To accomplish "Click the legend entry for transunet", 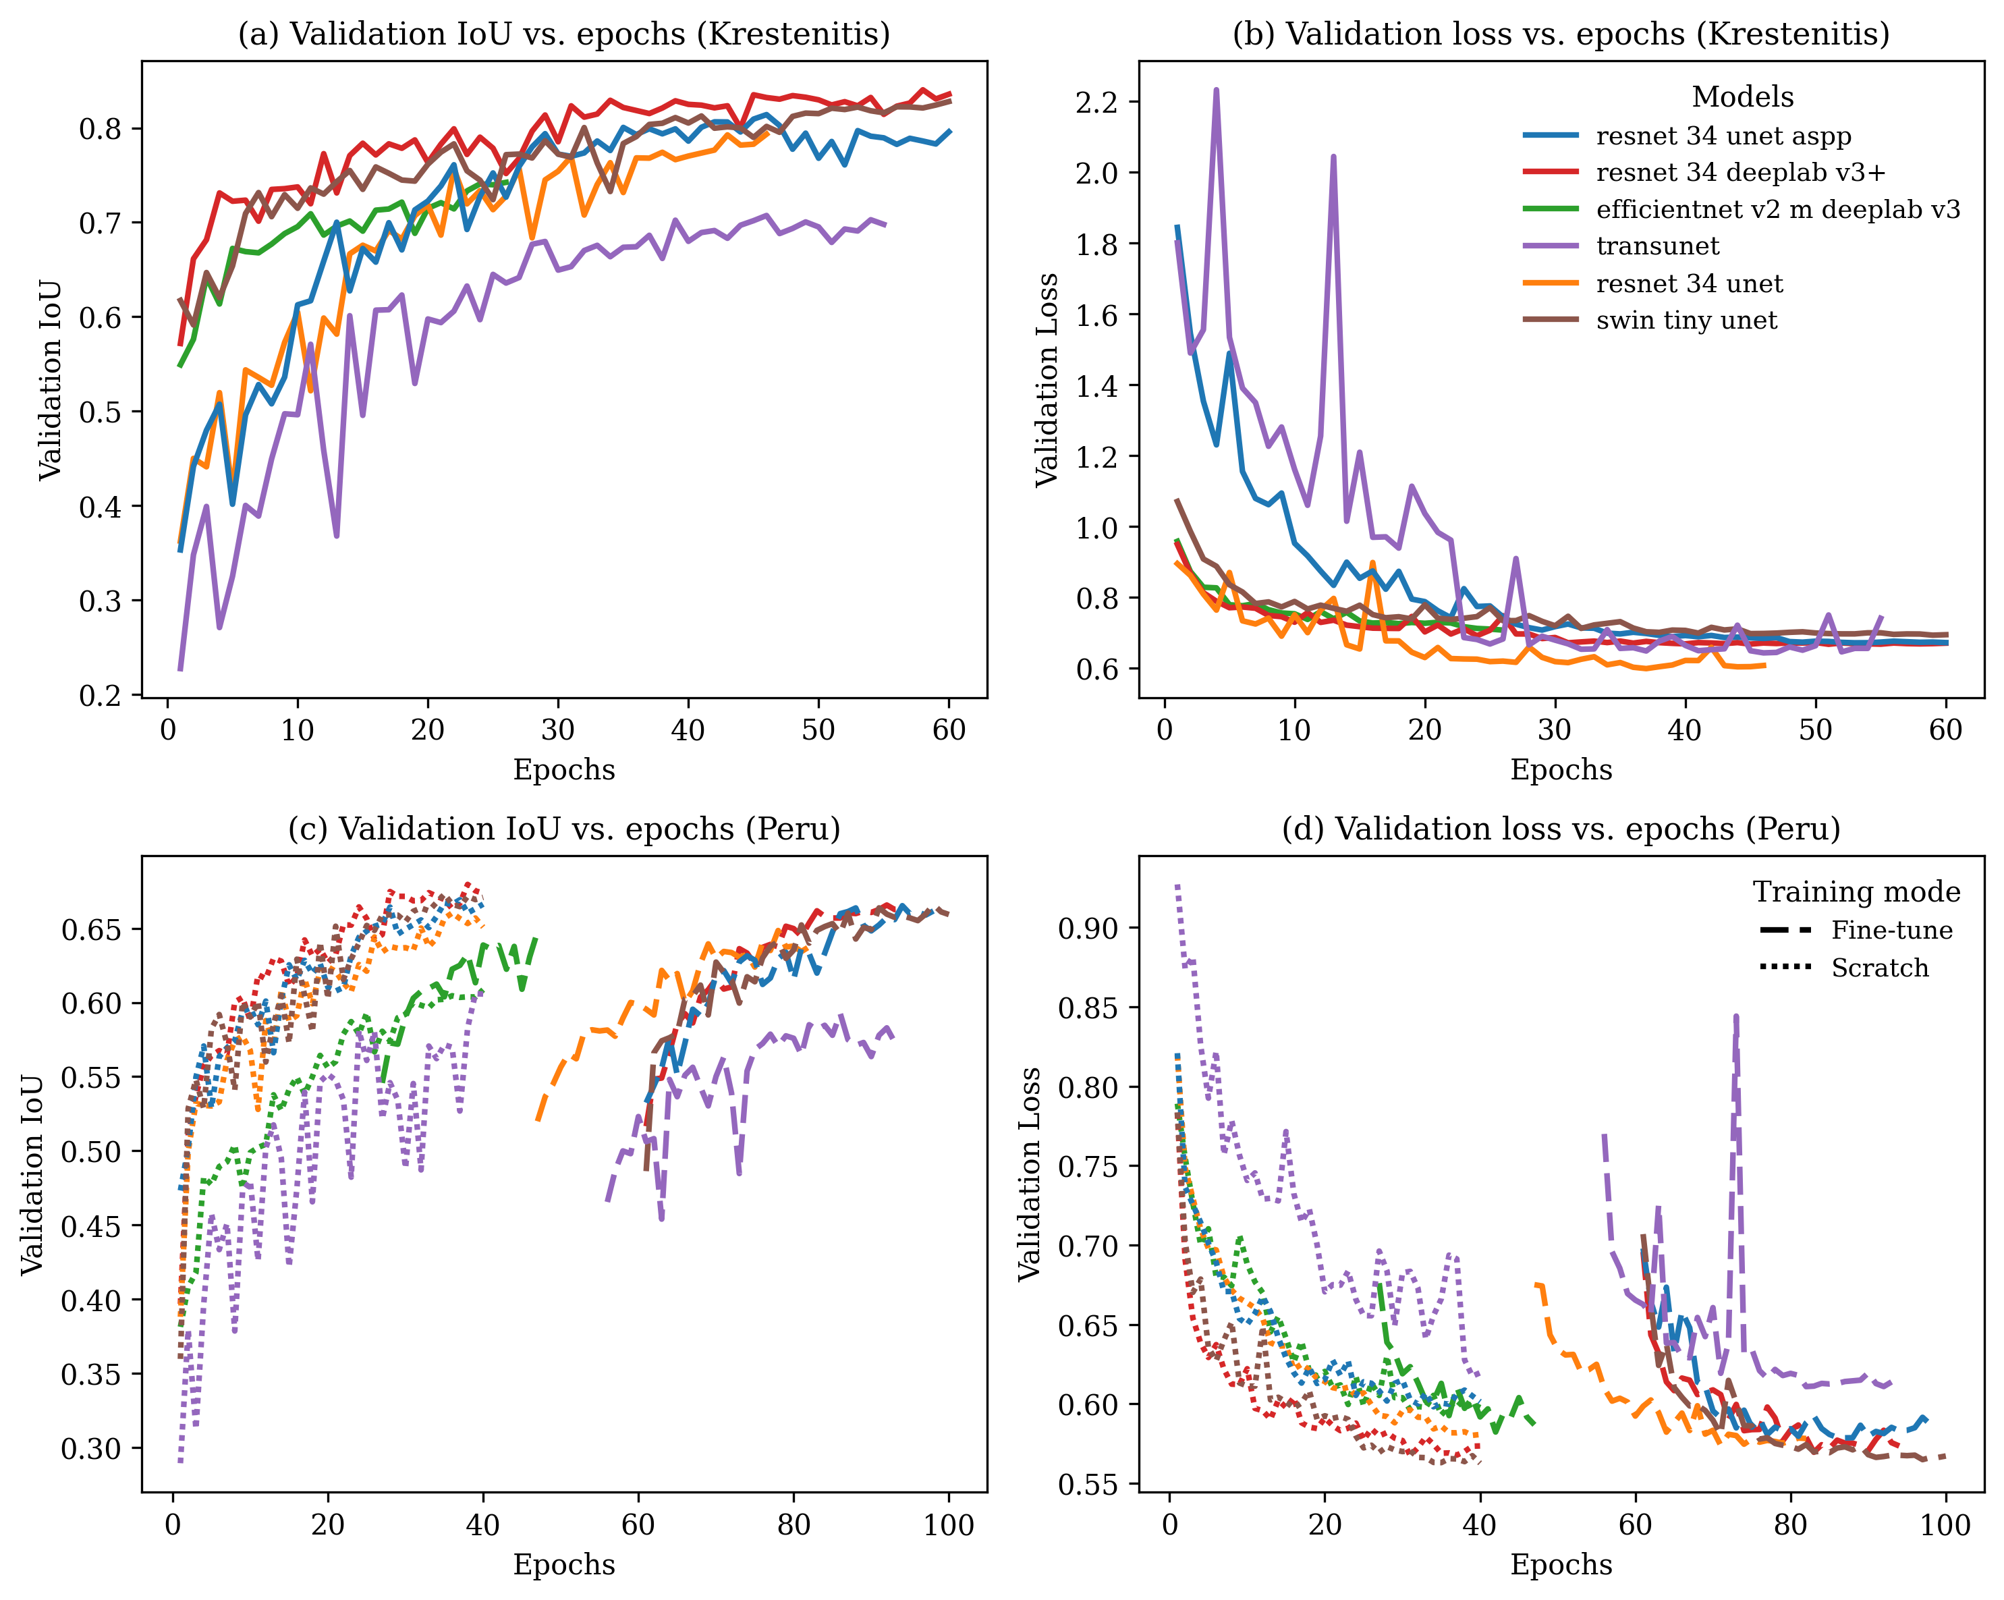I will (1657, 246).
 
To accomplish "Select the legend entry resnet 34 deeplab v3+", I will (1740, 173).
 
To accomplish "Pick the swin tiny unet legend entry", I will (1686, 321).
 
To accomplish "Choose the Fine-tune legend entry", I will (1891, 931).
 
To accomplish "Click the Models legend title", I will (1742, 96).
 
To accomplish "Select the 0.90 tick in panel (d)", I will (1088, 928).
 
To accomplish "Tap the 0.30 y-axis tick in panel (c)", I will (91, 1448).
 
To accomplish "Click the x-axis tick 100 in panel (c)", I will (948, 1526).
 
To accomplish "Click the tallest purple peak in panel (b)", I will (1216, 90).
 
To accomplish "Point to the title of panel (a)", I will (564, 34).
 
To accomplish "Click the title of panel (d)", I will (1561, 829).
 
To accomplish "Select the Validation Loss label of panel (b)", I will (1047, 379).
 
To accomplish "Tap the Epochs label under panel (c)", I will (564, 1565).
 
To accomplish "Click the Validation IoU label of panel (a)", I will (50, 379).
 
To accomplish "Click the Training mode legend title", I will (1856, 893).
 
